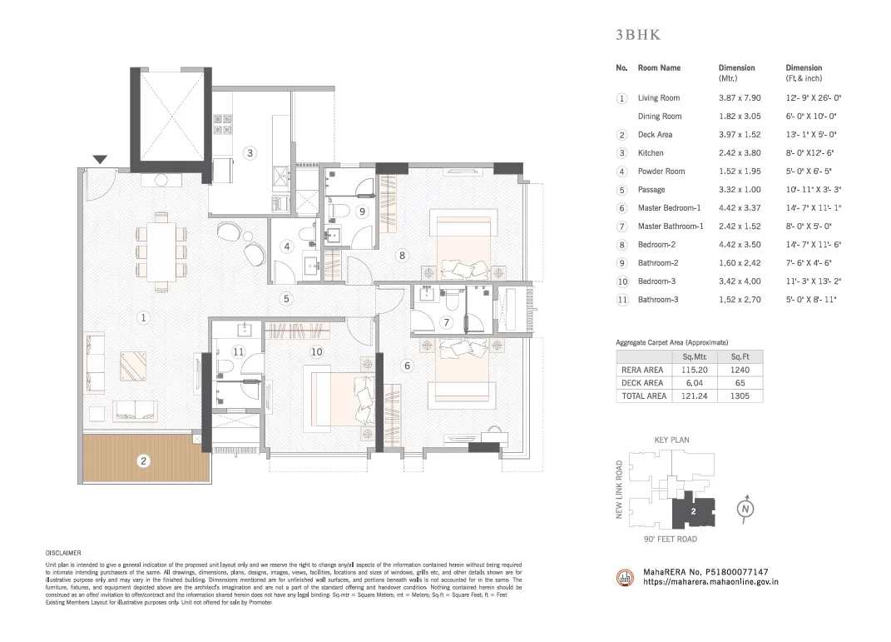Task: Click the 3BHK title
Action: [638, 35]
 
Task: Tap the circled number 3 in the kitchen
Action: [250, 153]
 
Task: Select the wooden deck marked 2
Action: [146, 459]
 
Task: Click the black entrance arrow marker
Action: [100, 160]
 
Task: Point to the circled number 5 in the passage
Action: [286, 299]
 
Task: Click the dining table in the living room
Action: [161, 251]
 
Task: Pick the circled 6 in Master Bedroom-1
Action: [407, 366]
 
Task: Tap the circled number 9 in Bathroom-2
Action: [363, 212]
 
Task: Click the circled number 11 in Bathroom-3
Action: [238, 352]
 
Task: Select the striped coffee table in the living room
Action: [134, 366]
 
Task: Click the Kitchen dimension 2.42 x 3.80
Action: [740, 153]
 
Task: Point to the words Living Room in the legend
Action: [659, 97]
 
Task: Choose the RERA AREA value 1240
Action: [740, 370]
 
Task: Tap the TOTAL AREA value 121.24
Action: [695, 396]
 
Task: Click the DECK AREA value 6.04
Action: [695, 383]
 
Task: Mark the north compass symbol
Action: [745, 508]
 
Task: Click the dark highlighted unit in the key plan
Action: [693, 510]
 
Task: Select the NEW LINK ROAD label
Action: [620, 489]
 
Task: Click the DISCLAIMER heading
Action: [63, 553]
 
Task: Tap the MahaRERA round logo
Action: [625, 577]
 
